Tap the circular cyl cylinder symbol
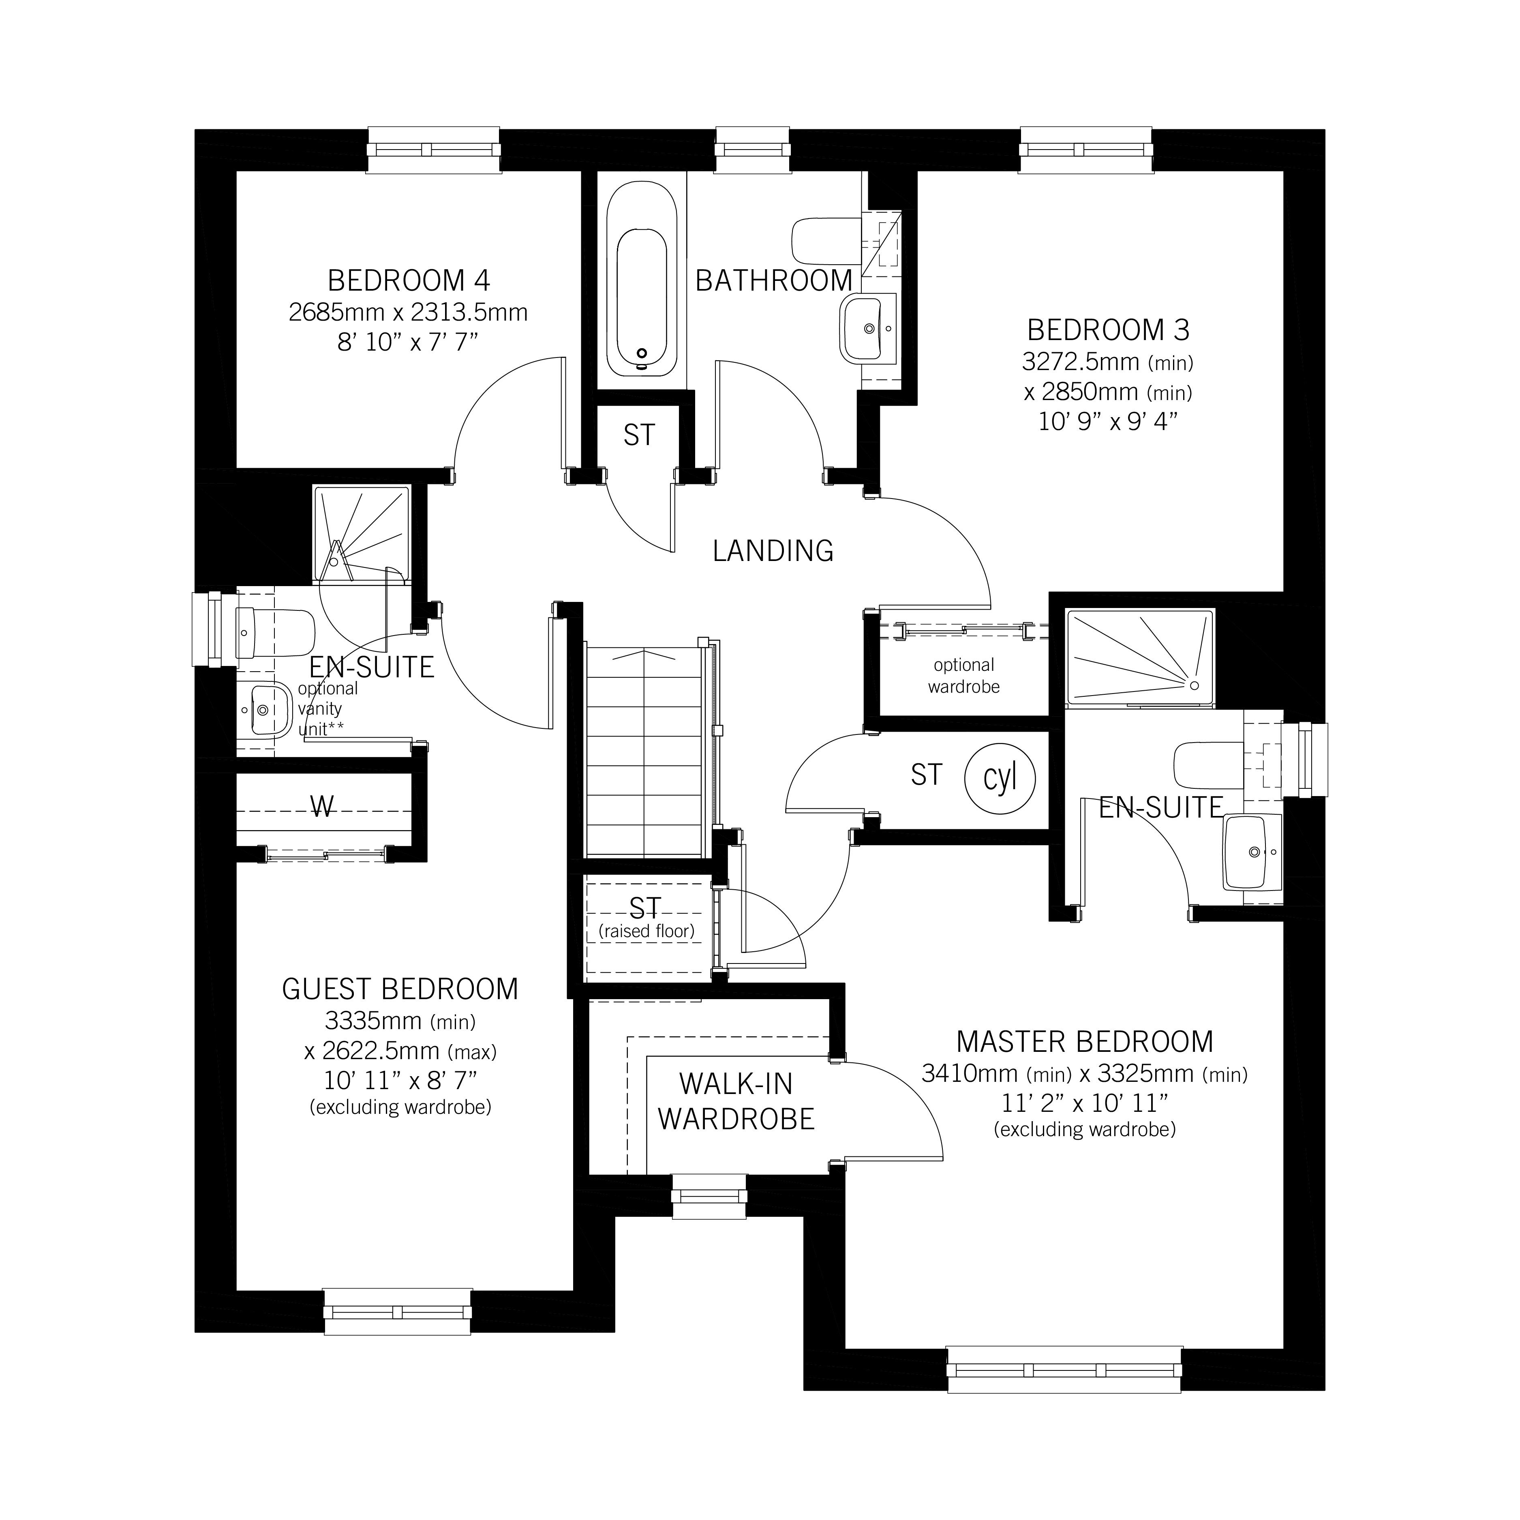1000,779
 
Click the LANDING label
773,551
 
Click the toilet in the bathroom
826,241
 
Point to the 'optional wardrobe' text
964,676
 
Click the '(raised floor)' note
647,931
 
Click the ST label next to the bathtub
639,435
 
